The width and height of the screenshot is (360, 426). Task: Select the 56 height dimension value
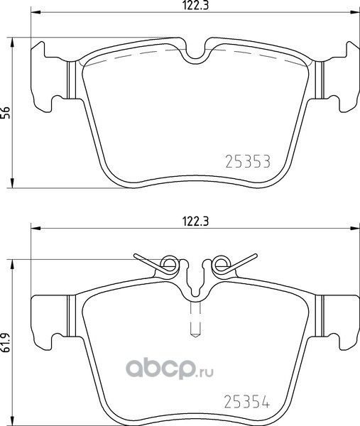click(x=6, y=113)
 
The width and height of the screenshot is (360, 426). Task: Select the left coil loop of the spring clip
click(x=169, y=266)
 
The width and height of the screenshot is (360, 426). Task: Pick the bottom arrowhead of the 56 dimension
click(x=16, y=185)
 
